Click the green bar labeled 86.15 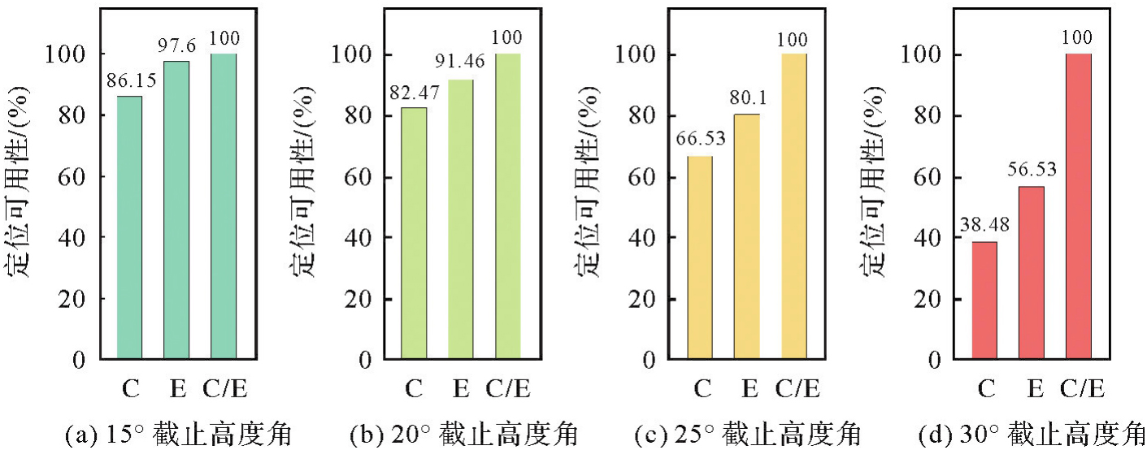[x=130, y=227]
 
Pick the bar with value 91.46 [x=461, y=219]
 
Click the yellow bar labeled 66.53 [x=700, y=257]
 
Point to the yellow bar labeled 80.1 [x=747, y=236]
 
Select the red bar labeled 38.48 [x=984, y=300]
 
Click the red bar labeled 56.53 [x=1032, y=272]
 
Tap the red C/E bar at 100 [x=1079, y=206]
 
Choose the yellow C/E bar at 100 [x=794, y=206]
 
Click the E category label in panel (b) [x=461, y=391]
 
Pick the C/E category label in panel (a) [x=224, y=391]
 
